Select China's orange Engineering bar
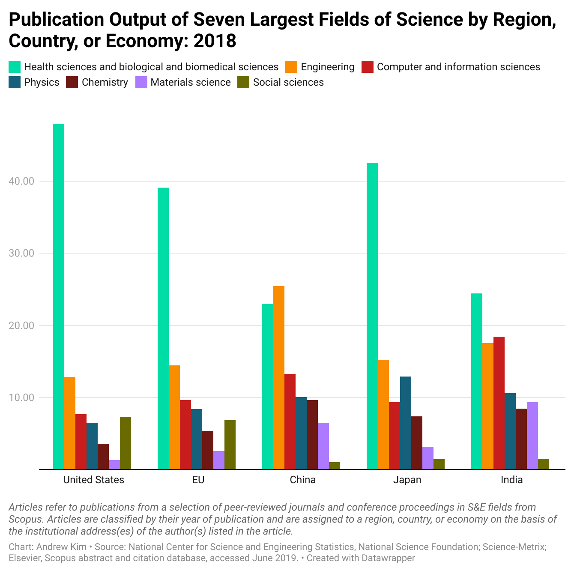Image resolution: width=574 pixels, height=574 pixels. [279, 377]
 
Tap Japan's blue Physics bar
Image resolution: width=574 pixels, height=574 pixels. [406, 423]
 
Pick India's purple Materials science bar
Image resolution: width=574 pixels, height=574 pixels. [532, 436]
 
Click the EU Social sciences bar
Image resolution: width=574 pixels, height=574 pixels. [230, 445]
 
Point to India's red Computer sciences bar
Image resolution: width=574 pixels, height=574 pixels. [499, 403]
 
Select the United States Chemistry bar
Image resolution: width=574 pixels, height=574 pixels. [103, 456]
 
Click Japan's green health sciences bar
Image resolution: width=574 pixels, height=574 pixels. [372, 316]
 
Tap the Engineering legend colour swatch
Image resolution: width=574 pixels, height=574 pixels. [291, 67]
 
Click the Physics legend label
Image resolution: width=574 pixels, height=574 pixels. [42, 82]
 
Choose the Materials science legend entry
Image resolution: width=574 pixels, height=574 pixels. [191, 82]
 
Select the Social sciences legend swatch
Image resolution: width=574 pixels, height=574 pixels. [243, 82]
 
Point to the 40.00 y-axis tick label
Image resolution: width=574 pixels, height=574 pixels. [21, 181]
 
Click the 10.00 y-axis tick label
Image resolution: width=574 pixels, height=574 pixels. [21, 398]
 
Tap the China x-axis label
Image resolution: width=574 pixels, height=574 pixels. [303, 480]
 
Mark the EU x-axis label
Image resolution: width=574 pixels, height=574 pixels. [198, 480]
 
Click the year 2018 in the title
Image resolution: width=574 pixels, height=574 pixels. [215, 41]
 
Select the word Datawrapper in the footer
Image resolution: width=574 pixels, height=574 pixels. [388, 558]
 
